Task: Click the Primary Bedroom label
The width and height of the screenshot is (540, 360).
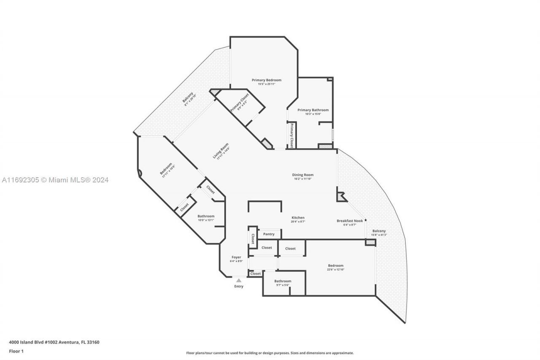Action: click(266, 80)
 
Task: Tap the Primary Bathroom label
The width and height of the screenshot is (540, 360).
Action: click(313, 110)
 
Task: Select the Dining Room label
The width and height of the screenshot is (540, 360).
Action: click(303, 175)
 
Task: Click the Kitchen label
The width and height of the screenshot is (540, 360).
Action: click(298, 218)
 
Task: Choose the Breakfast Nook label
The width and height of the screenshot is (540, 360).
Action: click(349, 221)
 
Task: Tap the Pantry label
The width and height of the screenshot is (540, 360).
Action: click(269, 234)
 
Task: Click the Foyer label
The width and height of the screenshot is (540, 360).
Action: click(236, 257)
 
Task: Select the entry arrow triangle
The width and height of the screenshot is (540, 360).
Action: click(239, 280)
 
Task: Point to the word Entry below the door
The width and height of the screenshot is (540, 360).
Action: click(239, 286)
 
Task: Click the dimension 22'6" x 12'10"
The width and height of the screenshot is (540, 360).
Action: click(336, 269)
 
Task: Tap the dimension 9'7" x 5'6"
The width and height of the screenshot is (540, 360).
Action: click(283, 285)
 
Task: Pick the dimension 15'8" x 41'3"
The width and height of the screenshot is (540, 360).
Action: click(379, 235)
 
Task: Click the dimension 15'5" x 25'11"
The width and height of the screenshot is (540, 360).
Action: click(266, 84)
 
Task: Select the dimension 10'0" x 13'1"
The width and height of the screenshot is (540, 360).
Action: click(206, 220)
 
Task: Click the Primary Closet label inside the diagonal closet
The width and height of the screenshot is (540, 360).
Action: click(239, 102)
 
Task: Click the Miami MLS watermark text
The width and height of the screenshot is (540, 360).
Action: click(55, 180)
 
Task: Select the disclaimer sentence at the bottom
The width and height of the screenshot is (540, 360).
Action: click(270, 353)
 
